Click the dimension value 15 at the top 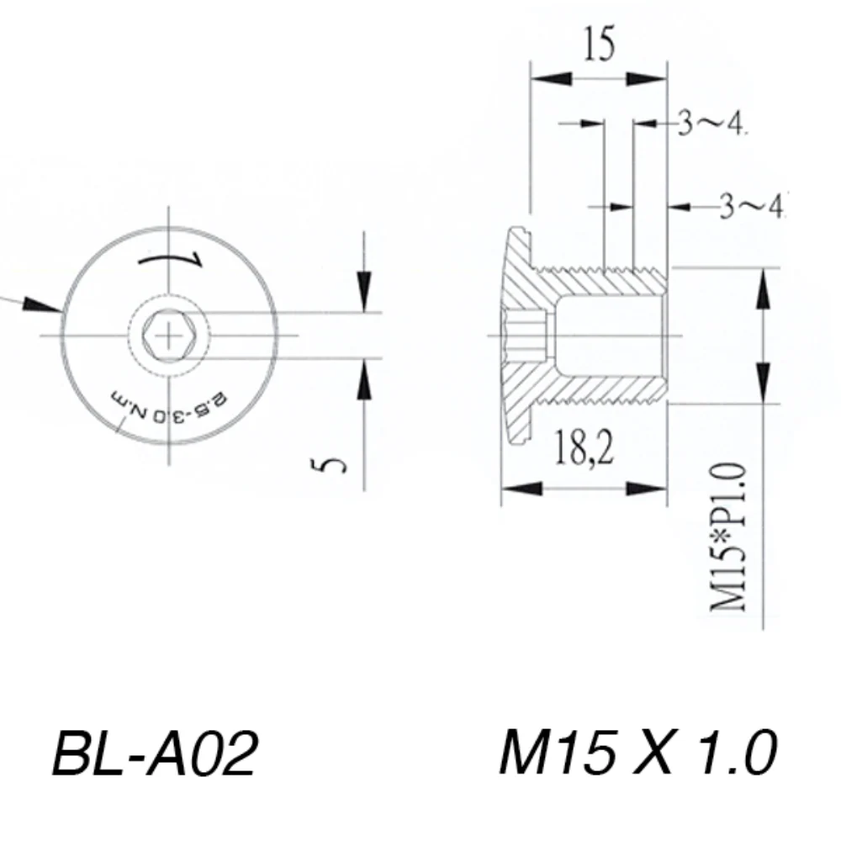tap(599, 43)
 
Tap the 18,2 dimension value tap(584, 447)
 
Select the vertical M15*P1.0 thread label tap(728, 537)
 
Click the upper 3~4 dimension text tap(711, 123)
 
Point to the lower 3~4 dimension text tap(751, 206)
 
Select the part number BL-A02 tap(155, 753)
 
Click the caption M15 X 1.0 tap(637, 752)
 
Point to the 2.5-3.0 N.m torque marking tap(169, 406)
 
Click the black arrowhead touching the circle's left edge tap(42, 304)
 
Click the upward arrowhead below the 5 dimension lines tap(364, 379)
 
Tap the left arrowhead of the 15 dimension tap(551, 79)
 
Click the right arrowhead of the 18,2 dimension tap(646, 489)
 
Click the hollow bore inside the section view tap(609, 336)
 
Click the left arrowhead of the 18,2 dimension tap(522, 489)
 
